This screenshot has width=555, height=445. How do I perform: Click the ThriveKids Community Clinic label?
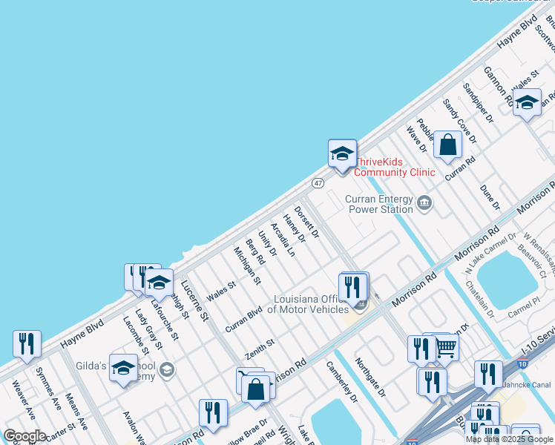394,167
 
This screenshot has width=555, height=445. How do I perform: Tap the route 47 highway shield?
318,182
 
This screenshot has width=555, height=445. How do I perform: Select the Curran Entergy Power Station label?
379,204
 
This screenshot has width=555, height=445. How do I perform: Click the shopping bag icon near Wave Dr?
448,145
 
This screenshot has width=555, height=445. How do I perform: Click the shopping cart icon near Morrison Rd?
445,346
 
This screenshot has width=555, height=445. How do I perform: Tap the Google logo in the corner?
24,436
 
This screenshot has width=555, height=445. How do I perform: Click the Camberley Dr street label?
342,381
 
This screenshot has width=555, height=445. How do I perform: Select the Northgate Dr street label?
370,378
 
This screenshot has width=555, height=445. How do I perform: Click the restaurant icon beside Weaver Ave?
27,344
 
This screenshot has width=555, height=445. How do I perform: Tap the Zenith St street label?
260,349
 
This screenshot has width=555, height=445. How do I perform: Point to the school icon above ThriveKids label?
342,154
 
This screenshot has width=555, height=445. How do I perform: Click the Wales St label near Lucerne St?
221,291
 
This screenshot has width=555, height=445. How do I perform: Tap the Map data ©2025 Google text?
510,439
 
